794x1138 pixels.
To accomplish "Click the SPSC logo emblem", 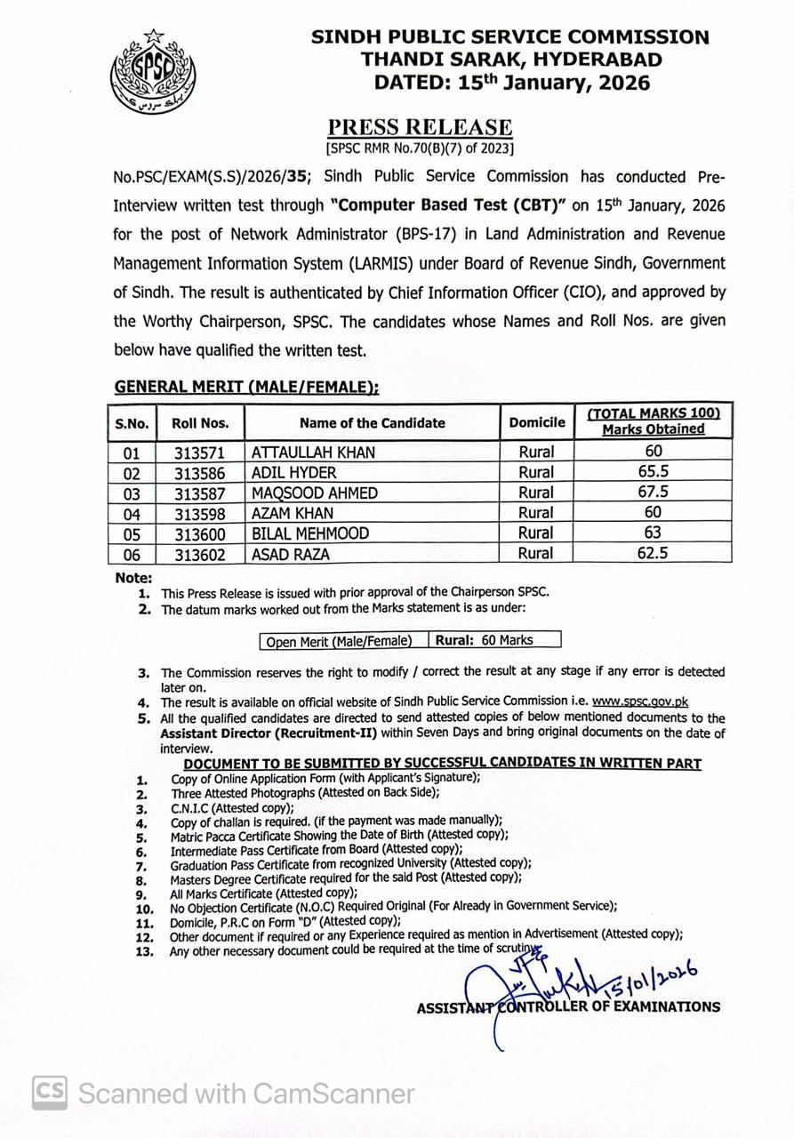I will pos(154,70).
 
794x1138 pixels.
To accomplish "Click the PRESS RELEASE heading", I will pos(420,128).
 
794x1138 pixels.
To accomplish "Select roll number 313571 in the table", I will pos(200,453).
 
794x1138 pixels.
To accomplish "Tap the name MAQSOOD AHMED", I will pos(314,493).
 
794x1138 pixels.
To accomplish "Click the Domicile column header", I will pos(536,423).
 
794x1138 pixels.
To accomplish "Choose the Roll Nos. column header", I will pos(200,423).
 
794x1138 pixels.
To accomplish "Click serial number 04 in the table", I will pos(132,514).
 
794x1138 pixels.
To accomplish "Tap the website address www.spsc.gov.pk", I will pos(640,701).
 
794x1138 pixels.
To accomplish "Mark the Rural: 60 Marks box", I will pos(495,640).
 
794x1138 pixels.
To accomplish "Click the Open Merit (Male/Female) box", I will pos(339,641).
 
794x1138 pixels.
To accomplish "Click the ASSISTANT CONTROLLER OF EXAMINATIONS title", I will pos(568,1007).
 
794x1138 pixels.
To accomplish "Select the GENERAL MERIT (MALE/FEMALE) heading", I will pos(246,387).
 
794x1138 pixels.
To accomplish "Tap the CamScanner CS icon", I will pos(50,1093).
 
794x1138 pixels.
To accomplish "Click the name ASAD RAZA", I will pos(291,554).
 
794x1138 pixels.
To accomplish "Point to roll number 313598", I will pos(200,514).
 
